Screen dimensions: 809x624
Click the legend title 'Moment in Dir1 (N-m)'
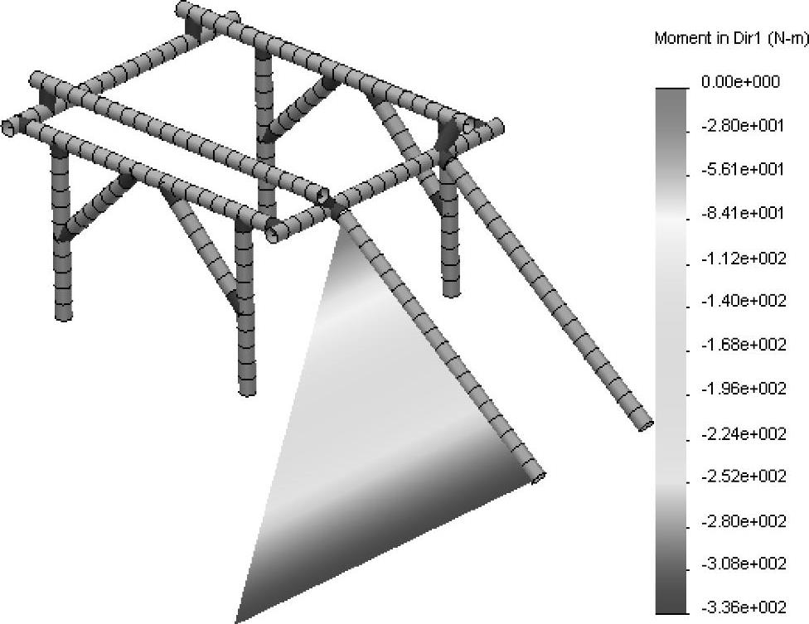(731, 38)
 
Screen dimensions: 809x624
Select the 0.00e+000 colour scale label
(740, 81)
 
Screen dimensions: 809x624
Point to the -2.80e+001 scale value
(743, 125)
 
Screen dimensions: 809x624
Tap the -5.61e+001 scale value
(743, 169)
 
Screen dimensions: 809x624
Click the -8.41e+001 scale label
(743, 212)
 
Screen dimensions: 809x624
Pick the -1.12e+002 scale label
(744, 257)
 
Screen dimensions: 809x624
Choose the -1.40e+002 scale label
(744, 300)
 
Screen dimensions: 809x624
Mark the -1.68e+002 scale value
(744, 344)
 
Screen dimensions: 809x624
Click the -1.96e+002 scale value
(744, 388)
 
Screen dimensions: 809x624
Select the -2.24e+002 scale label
(744, 433)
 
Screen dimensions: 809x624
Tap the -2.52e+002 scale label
(744, 476)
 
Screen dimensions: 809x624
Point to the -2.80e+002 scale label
(744, 521)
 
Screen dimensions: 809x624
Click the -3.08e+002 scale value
(744, 564)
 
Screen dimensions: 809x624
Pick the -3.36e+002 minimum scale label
(744, 607)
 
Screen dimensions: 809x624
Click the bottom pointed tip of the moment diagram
(235, 622)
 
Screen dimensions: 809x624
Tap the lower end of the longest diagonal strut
(646, 426)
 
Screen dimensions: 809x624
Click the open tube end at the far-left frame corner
(8, 128)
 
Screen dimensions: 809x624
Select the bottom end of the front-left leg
(248, 391)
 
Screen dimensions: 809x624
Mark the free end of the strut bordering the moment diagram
(538, 477)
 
